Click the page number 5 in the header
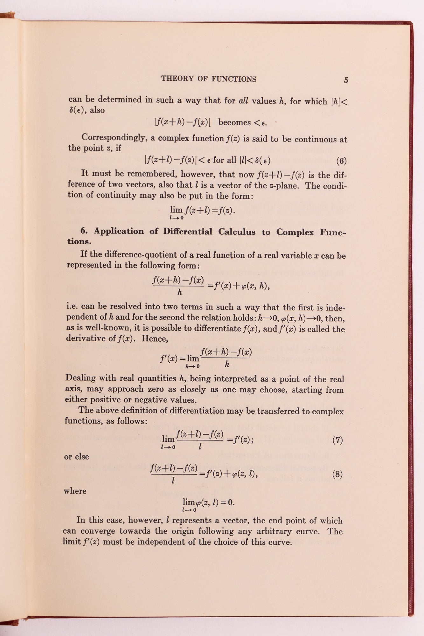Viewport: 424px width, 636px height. (346, 80)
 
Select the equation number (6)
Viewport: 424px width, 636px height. (341, 161)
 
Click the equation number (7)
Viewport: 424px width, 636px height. (337, 440)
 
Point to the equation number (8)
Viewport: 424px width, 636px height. (337, 474)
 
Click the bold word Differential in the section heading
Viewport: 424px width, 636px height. (188, 232)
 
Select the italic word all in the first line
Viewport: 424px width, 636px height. (243, 101)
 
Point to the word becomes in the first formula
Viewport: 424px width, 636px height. (234, 122)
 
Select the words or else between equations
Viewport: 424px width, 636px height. (76, 457)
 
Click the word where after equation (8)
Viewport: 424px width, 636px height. (75, 491)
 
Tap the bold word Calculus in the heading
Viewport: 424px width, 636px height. (237, 232)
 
